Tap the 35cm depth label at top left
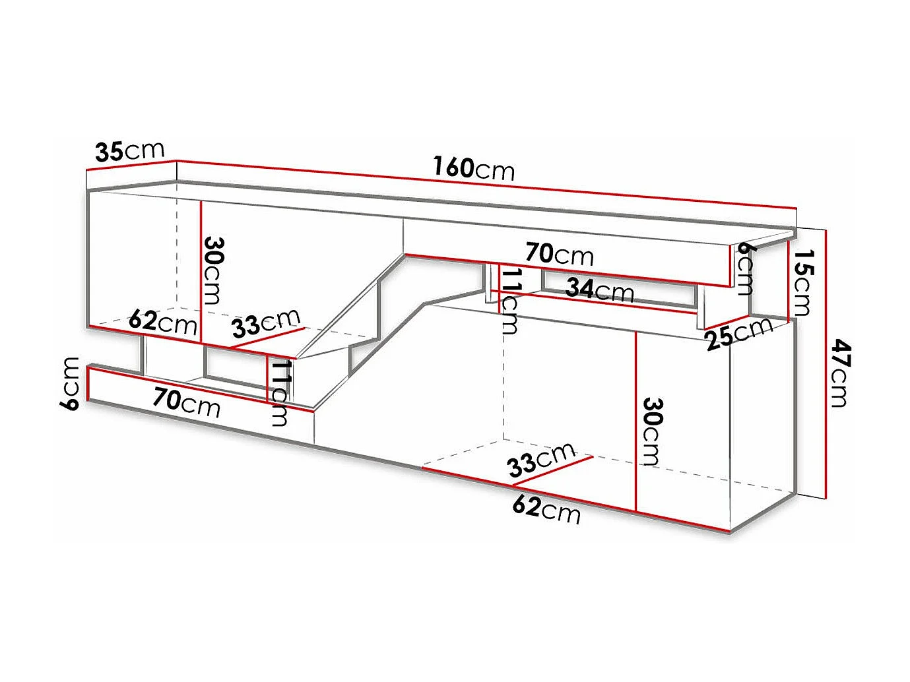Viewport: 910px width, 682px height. [x=129, y=151]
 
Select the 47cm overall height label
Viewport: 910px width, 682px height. [x=839, y=373]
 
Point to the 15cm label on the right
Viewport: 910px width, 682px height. [x=803, y=282]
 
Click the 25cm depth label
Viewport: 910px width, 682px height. [x=738, y=333]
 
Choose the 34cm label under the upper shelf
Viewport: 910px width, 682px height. [x=599, y=290]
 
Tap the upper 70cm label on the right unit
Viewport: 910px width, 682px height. [x=560, y=254]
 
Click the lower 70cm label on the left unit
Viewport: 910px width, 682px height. [x=186, y=402]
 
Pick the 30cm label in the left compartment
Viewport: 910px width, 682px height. [x=214, y=270]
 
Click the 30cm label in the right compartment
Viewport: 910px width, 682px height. [x=652, y=431]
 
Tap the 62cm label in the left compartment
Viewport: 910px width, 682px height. [x=162, y=322]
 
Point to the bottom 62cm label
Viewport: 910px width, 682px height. [x=546, y=509]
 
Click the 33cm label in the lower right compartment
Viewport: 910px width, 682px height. [x=541, y=459]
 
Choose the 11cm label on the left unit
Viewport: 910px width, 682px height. [x=280, y=392]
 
